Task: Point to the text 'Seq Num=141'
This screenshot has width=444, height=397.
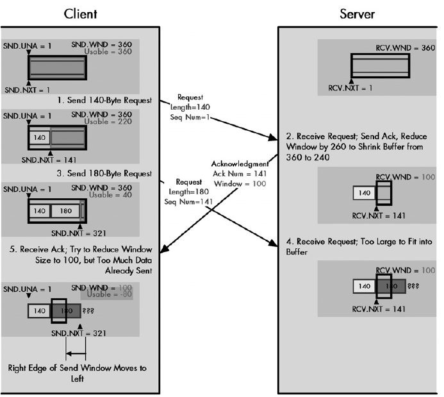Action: (187, 201)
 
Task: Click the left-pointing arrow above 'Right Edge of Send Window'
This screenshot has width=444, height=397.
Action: (78, 353)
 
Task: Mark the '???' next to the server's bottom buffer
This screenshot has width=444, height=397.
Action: (414, 287)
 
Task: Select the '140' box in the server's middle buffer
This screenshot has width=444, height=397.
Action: (364, 192)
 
